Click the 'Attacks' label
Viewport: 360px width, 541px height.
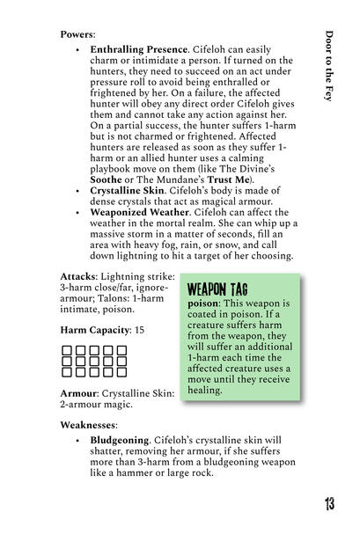tap(79, 276)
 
